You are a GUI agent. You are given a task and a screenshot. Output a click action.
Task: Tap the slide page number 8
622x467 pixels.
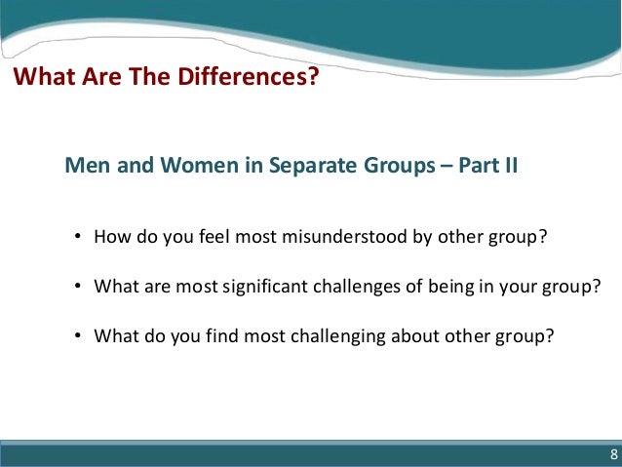613,455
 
